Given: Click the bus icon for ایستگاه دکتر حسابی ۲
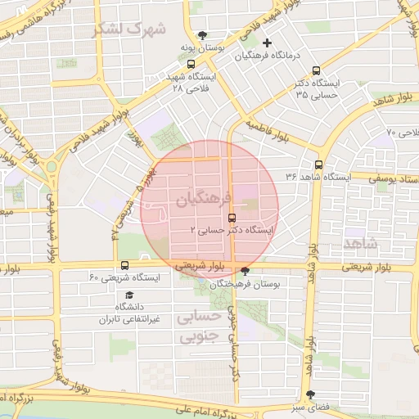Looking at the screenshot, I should coord(232,218).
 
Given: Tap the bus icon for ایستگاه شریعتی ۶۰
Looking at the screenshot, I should coord(124,265).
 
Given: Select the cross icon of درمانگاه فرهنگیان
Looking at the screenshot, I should coord(267,42).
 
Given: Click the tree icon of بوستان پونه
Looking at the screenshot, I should coord(191,35).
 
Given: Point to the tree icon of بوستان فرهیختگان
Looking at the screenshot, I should coord(245,271).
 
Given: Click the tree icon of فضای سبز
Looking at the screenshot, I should coord(309,394).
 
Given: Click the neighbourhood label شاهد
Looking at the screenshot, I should coord(361,243).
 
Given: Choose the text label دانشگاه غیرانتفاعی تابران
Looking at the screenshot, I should coord(130,313).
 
